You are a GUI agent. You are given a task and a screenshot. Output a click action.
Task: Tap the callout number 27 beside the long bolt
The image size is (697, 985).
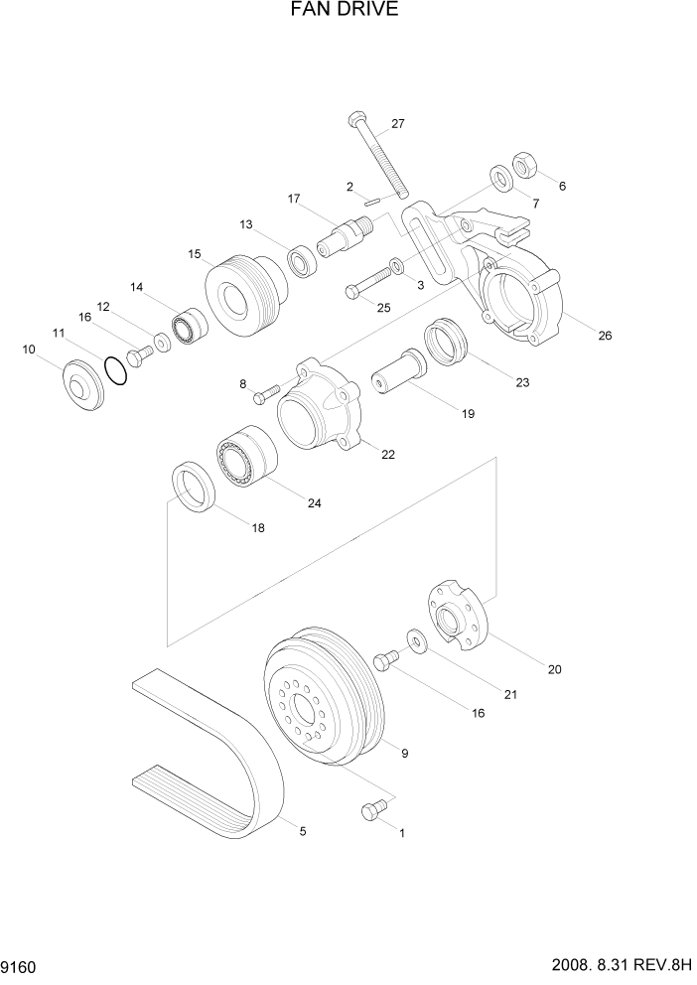[397, 124]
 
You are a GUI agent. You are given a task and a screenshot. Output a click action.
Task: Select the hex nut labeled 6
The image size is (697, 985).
[525, 163]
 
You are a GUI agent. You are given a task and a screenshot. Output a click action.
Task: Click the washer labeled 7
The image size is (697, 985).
[501, 180]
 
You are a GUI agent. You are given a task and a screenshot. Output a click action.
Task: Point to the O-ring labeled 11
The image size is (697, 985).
[116, 371]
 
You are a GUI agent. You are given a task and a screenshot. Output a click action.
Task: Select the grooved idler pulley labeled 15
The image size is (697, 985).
[242, 296]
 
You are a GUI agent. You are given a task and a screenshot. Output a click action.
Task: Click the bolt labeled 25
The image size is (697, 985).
[371, 282]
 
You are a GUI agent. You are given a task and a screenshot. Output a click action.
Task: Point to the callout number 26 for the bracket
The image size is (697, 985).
[604, 335]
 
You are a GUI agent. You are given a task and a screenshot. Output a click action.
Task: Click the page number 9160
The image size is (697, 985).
[20, 964]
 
